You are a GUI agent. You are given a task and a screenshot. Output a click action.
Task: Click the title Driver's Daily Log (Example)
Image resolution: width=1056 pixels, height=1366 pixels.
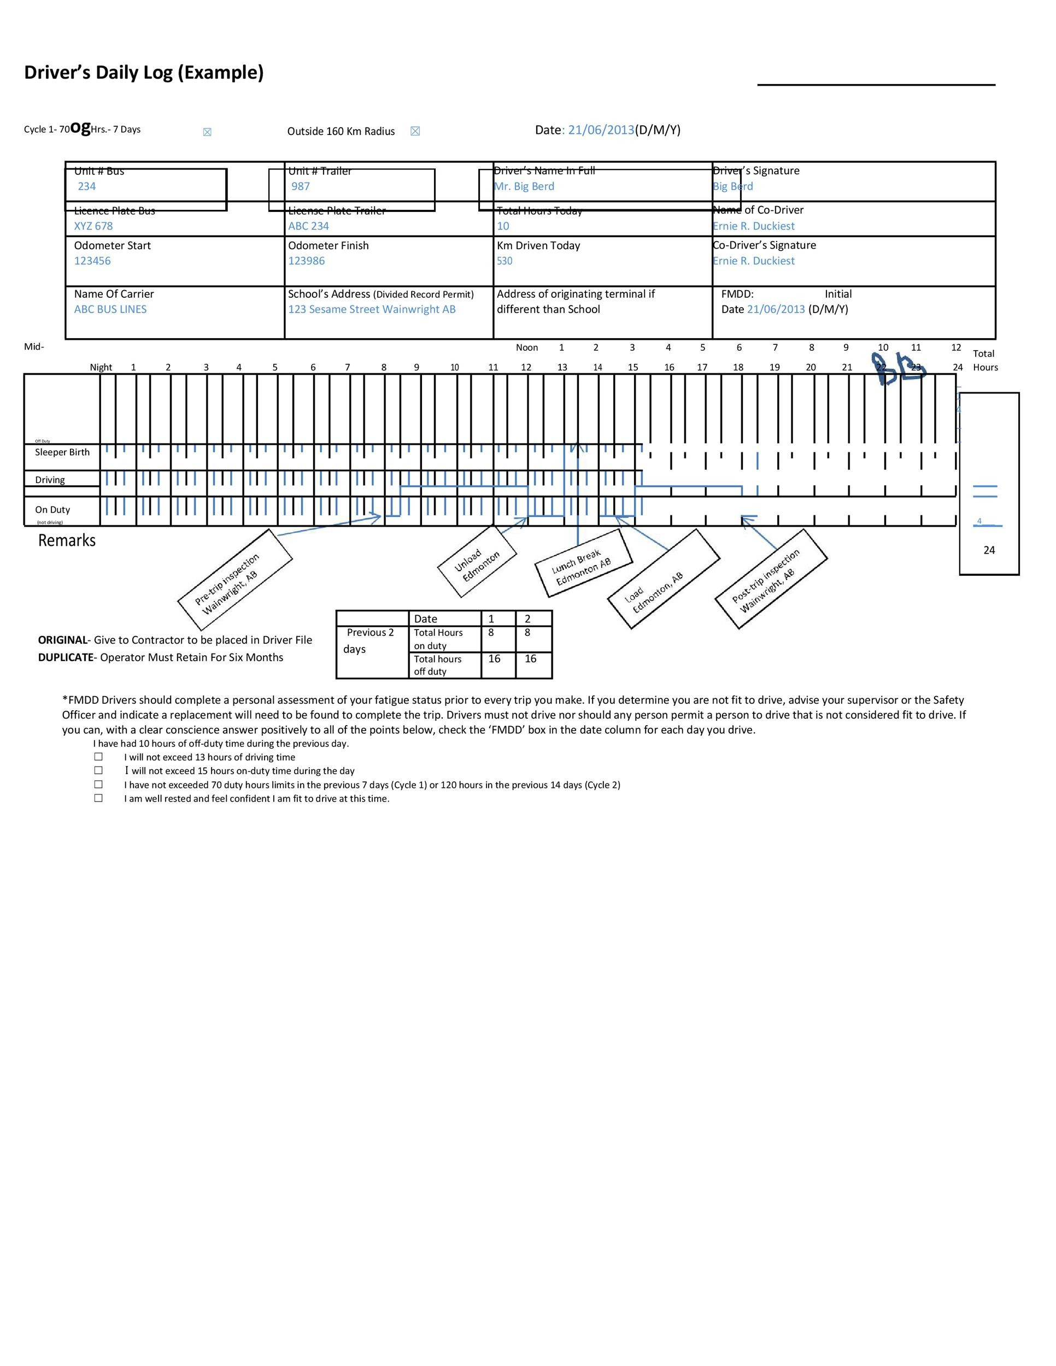point(144,73)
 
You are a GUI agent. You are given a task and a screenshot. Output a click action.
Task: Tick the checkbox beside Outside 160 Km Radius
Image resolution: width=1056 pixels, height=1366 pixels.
point(415,131)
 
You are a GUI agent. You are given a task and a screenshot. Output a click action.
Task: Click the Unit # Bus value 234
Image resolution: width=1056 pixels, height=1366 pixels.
point(87,186)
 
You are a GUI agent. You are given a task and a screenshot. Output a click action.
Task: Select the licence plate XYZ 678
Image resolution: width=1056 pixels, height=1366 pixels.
point(93,226)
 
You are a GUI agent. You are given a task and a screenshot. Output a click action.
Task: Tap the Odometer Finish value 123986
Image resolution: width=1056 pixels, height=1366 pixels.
point(307,261)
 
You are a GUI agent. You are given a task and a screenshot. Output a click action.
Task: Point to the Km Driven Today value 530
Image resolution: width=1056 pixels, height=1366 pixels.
point(504,261)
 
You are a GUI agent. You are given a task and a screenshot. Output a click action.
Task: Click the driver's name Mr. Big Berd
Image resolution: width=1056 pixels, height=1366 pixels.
point(524,186)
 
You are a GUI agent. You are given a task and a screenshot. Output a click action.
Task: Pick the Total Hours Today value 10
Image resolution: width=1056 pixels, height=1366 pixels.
point(503,226)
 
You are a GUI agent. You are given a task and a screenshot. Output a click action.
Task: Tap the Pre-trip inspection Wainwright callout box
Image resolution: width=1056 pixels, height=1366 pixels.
point(234,580)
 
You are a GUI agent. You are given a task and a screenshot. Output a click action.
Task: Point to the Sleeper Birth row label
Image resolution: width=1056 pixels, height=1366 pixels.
point(62,452)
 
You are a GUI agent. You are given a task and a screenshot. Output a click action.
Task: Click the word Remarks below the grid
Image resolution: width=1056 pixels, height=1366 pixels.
point(67,540)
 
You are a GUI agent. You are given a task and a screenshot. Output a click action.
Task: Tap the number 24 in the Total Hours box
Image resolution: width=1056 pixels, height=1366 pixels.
point(989,550)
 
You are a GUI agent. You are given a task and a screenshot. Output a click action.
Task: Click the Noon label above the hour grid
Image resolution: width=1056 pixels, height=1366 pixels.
point(527,348)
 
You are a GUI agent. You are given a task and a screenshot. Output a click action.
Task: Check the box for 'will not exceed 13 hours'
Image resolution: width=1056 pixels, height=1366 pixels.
point(98,757)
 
